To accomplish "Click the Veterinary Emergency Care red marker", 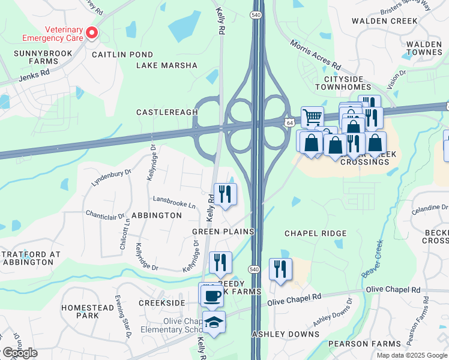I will [x=92, y=33].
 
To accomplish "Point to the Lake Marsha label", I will [x=167, y=65].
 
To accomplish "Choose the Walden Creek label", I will [x=384, y=21].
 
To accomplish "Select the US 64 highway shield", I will [x=289, y=123].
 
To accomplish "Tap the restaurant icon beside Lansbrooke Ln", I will [x=225, y=194].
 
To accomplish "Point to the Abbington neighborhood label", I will [x=156, y=216].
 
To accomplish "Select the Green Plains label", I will [x=223, y=232].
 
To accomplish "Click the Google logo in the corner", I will [x=19, y=353].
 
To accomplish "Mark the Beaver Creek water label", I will [x=372, y=259].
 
